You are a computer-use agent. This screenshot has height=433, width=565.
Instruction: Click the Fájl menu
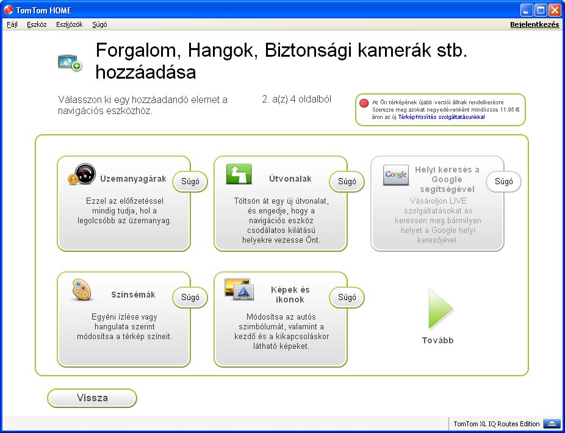12,24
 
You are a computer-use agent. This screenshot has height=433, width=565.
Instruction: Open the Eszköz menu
37,24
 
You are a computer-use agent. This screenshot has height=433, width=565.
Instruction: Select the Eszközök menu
70,24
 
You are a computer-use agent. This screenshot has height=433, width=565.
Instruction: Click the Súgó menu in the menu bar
99,24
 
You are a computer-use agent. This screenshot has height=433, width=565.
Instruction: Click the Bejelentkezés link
534,24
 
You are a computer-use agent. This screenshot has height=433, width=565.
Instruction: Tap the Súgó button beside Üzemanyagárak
190,182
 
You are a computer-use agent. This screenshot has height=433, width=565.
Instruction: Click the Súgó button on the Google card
504,182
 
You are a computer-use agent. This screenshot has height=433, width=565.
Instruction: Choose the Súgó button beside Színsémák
190,298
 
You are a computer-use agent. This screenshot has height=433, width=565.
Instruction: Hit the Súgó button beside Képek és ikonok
347,298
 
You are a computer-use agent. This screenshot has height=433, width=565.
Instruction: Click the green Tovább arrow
439,309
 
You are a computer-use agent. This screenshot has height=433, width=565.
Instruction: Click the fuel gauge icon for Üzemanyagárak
82,174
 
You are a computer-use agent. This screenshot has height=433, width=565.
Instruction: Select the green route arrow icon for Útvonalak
239,174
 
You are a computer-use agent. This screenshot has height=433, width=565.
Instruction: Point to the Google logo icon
396,174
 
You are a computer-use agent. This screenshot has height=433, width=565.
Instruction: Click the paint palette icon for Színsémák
81,290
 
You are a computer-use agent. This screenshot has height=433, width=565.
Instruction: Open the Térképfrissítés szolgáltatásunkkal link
441,117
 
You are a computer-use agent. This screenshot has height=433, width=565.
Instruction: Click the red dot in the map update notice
364,104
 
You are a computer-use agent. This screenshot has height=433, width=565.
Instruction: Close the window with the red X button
555,10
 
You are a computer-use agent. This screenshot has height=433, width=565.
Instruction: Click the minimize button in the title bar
527,10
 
